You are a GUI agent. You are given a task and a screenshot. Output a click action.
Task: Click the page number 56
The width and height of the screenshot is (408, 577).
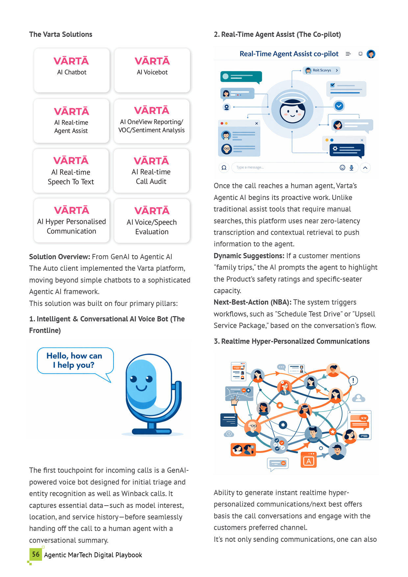click(36, 554)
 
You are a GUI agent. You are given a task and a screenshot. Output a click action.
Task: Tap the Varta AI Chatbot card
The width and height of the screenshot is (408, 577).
click(72, 70)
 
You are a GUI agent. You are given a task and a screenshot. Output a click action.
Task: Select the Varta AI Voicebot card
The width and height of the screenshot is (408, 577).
click(152, 70)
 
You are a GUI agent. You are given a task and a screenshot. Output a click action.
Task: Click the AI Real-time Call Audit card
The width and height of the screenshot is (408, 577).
click(151, 171)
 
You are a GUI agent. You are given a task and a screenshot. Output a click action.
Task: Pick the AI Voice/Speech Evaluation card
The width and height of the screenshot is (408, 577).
click(152, 221)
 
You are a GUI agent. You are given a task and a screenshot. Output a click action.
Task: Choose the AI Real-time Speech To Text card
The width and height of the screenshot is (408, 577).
click(71, 171)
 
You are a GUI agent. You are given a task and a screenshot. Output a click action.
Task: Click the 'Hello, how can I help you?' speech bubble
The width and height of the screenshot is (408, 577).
click(75, 361)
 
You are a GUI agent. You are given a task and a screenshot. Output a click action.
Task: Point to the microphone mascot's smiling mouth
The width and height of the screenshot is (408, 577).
click(141, 388)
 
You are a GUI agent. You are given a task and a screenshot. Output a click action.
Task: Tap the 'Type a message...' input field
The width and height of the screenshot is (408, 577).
click(283, 167)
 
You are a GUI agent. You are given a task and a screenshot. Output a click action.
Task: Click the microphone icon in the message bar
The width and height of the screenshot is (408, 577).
click(351, 168)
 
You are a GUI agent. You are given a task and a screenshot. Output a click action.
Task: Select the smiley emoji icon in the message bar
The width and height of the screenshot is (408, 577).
click(342, 168)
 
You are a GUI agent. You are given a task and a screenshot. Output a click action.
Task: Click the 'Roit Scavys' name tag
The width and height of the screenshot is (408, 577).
click(321, 70)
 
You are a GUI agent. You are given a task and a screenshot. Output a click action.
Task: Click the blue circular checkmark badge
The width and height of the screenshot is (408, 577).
click(339, 106)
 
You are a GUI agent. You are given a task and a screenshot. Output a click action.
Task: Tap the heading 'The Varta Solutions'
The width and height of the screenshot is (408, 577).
click(61, 35)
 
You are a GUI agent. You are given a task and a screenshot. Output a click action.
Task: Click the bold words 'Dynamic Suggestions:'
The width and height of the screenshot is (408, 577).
click(249, 256)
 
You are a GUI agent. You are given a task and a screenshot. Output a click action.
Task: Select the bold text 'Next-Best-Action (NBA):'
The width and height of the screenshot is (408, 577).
click(252, 302)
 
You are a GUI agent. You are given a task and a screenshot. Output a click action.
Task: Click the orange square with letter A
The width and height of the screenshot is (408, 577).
click(309, 461)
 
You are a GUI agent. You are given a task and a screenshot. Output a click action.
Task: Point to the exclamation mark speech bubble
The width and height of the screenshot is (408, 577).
click(353, 381)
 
